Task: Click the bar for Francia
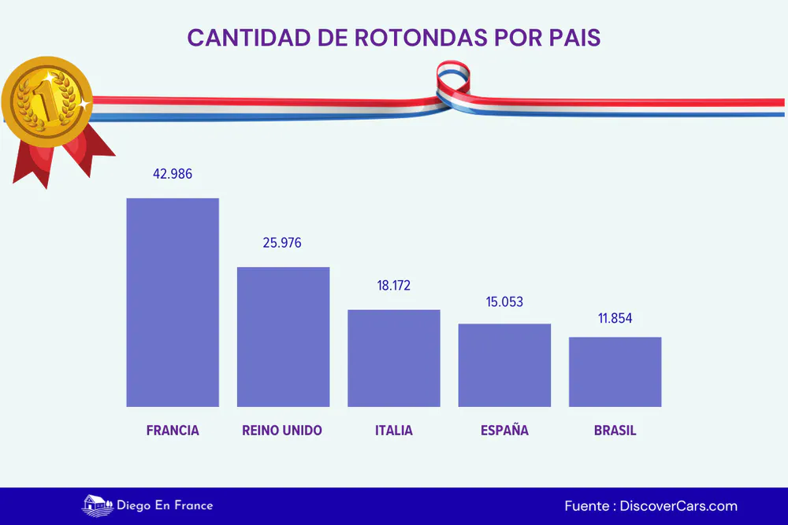click(173, 302)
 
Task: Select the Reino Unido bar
click(284, 337)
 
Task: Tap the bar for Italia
click(394, 358)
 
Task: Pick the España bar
click(504, 365)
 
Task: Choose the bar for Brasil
click(615, 372)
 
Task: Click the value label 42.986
click(173, 174)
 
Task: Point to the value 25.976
click(282, 242)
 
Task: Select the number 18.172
click(394, 286)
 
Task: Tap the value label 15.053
click(504, 301)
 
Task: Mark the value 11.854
click(614, 319)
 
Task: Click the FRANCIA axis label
click(173, 431)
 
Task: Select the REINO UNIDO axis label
click(282, 431)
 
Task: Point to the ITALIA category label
click(393, 431)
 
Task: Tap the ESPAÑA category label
click(504, 431)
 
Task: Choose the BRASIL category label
click(615, 431)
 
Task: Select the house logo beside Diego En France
click(95, 505)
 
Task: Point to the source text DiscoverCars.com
click(678, 506)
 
